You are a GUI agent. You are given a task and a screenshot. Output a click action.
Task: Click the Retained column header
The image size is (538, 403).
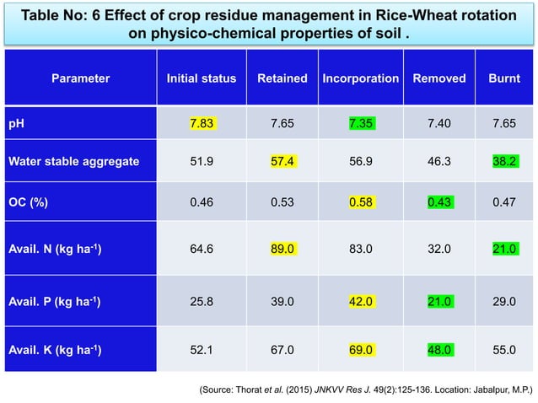coord(282,78)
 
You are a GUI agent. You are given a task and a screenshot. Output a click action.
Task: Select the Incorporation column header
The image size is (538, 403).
coord(361,78)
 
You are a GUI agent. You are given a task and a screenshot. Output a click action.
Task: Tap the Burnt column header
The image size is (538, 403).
coord(504,78)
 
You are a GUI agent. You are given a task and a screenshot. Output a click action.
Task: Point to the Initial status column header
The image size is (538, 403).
coord(202,78)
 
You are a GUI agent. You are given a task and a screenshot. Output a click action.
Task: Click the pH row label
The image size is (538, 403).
coord(16,123)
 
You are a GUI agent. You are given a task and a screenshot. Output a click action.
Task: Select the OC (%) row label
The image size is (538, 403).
coord(29,201)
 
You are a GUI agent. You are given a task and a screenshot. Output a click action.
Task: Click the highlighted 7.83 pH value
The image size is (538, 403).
coord(202,123)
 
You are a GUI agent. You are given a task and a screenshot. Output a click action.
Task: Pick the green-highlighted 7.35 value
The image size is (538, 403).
coord(361,123)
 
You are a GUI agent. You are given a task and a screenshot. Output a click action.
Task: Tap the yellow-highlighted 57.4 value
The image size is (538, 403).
coord(282,161)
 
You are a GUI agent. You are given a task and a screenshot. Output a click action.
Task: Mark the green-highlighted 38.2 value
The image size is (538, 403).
coord(504,161)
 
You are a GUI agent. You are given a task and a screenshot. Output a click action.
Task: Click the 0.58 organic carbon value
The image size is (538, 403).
coord(361,201)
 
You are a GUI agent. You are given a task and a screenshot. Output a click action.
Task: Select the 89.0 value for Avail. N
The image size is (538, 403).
coord(282,248)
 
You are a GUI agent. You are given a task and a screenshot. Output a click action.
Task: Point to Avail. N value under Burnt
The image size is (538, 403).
coord(504,248)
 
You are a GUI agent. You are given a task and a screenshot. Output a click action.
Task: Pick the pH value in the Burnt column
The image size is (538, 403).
coord(504,123)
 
